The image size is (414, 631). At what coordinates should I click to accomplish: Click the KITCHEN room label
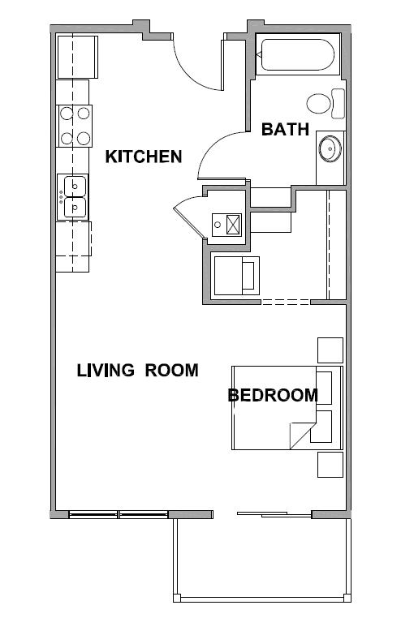[144, 157]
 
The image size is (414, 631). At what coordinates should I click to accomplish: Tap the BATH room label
[286, 129]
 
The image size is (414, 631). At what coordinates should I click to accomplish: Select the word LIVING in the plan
[106, 370]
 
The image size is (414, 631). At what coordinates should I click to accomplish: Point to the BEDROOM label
[273, 395]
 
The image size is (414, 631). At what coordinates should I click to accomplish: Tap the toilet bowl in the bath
[319, 104]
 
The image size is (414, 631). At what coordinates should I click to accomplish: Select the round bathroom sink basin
[330, 149]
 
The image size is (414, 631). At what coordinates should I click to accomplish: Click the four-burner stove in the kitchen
[75, 126]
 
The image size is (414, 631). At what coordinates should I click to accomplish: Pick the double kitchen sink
[72, 197]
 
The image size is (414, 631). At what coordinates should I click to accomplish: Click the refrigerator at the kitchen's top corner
[78, 57]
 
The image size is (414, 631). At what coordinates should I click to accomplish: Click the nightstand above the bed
[330, 350]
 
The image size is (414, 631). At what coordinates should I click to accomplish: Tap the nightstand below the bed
[330, 465]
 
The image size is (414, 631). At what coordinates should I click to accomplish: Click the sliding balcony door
[274, 514]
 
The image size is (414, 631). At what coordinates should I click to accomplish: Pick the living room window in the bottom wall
[119, 514]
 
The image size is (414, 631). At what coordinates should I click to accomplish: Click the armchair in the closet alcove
[237, 276]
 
